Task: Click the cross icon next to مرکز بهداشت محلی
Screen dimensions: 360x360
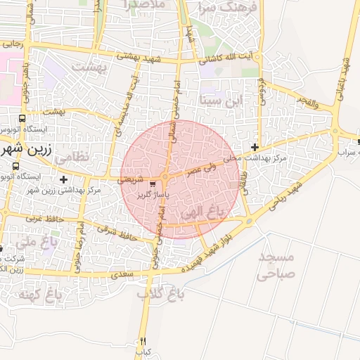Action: point(255,147)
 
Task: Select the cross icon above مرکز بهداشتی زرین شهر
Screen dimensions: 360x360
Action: point(64,180)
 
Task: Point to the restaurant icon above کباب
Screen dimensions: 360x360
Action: point(143,339)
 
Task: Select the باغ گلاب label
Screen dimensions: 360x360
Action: point(155,293)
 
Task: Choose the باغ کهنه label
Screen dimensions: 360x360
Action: point(34,293)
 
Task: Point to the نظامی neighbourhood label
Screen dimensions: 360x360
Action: point(72,157)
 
